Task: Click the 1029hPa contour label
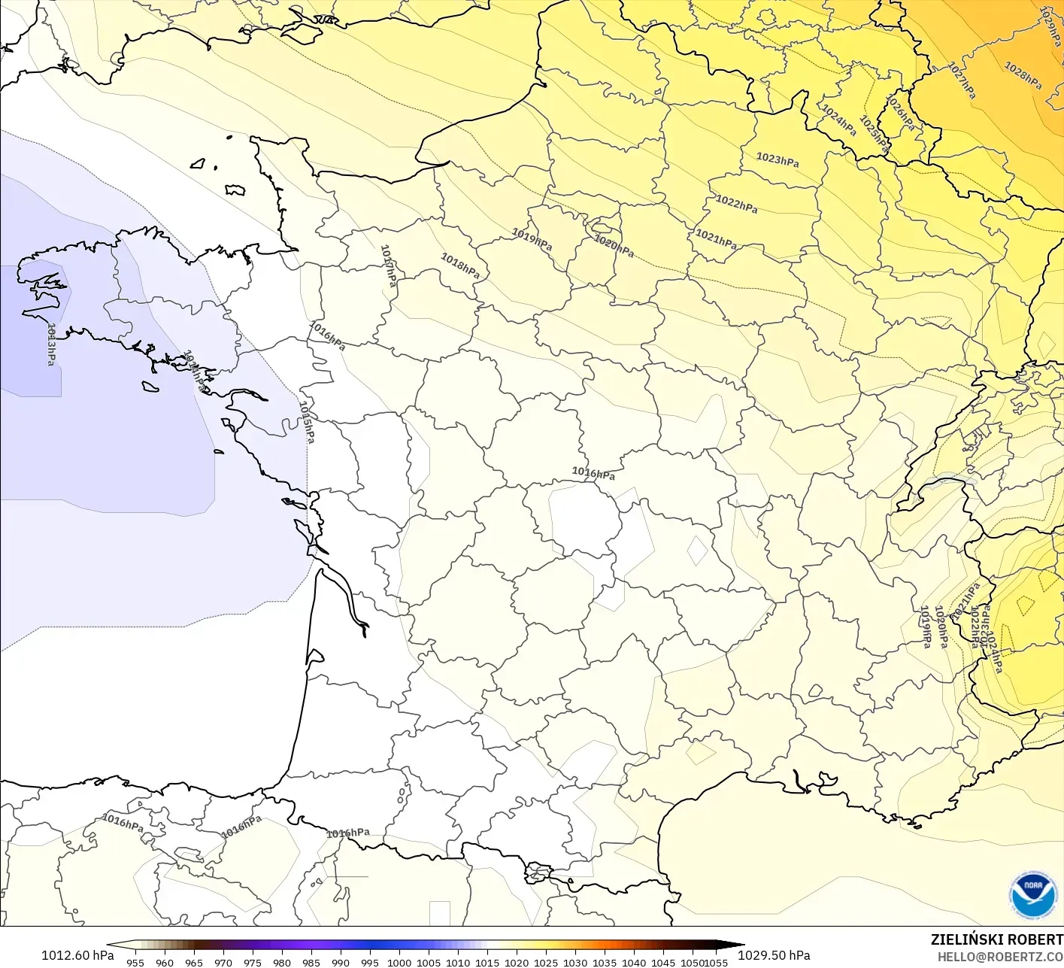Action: click(1051, 26)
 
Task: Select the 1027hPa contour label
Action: click(962, 80)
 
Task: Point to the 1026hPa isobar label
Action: click(900, 113)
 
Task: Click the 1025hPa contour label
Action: click(874, 135)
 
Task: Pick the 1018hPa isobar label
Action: click(459, 265)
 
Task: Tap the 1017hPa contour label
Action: click(388, 266)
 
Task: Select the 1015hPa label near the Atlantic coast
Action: click(307, 422)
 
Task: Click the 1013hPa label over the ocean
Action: click(50, 344)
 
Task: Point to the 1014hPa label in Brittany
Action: click(194, 370)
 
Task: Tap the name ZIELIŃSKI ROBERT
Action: click(996, 939)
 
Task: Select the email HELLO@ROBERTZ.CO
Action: click(1000, 957)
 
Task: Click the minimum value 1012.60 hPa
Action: click(77, 955)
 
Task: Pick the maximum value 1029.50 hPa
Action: click(774, 955)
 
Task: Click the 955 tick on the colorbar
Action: click(135, 962)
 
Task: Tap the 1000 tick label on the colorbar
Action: click(399, 962)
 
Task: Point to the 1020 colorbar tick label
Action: click(517, 962)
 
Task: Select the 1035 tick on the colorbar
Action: click(605, 962)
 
